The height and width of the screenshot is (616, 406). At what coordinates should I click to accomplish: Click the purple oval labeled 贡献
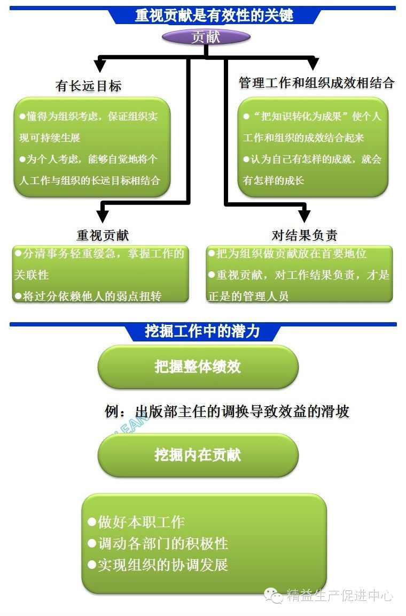[x=206, y=37]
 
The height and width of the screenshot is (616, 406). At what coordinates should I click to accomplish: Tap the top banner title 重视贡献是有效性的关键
[x=214, y=15]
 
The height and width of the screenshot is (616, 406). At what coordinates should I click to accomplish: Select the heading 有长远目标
[x=89, y=86]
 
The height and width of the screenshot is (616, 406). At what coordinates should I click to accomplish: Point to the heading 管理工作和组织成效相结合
[x=316, y=83]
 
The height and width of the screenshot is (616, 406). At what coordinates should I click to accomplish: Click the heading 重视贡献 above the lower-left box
[x=103, y=235]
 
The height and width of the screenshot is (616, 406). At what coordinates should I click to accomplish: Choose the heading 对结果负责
[x=304, y=235]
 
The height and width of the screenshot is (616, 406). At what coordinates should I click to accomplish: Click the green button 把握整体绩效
[x=198, y=367]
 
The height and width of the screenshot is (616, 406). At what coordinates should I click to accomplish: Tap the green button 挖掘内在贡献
[x=198, y=455]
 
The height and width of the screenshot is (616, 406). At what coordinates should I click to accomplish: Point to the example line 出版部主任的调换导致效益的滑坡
[x=227, y=412]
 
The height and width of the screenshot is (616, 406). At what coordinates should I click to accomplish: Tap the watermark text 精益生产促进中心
[x=340, y=596]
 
